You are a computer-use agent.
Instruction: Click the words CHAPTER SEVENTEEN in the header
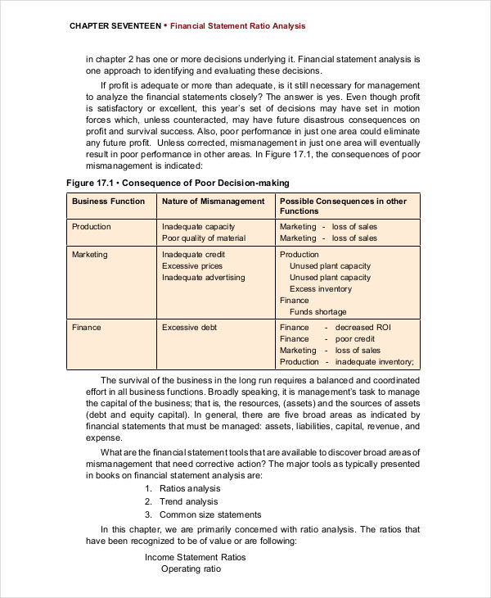coord(115,26)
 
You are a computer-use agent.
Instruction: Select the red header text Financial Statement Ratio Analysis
coord(237,26)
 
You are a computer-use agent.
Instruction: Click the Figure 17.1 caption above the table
coord(177,182)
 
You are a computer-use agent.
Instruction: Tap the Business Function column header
coord(108,201)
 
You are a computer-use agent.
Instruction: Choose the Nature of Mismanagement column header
coord(213,201)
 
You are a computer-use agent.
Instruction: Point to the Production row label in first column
coord(91,226)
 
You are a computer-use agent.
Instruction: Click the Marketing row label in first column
coord(89,254)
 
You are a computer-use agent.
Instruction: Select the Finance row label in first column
coord(86,327)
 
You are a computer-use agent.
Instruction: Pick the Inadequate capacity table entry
coord(198,226)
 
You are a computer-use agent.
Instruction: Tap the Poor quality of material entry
coord(203,238)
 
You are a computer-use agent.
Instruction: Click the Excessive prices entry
coord(191,265)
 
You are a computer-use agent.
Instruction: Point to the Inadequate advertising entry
coord(203,277)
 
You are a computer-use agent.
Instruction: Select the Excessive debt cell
coord(190,327)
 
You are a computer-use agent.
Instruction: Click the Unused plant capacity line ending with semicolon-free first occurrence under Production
coord(330,265)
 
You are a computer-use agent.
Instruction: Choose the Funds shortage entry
coord(318,311)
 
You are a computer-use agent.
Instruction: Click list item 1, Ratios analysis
coord(190,488)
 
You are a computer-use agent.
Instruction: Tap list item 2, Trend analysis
coord(188,501)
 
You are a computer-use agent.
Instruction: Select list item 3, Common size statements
coord(210,514)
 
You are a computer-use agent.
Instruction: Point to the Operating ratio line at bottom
coord(191,569)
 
